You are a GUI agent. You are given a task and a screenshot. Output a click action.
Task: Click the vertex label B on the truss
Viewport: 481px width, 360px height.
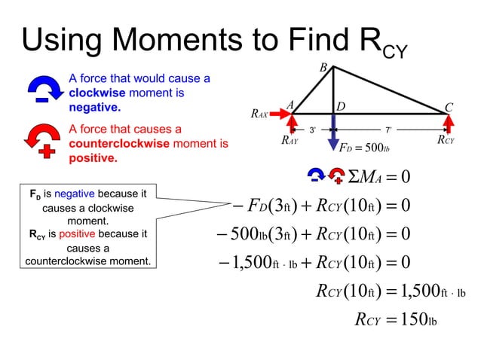pos(323,69)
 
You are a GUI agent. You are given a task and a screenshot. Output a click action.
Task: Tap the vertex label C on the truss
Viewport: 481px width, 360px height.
pos(449,108)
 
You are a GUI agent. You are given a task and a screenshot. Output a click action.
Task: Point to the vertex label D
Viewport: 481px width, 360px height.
pos(340,108)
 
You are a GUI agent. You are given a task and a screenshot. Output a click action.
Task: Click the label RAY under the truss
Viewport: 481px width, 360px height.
pos(290,140)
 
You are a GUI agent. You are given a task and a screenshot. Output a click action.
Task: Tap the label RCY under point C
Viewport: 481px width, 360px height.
pos(446,140)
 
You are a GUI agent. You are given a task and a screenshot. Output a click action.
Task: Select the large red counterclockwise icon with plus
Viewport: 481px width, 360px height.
pos(42,139)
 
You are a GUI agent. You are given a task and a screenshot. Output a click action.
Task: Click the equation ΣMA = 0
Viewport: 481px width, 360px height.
pos(378,177)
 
